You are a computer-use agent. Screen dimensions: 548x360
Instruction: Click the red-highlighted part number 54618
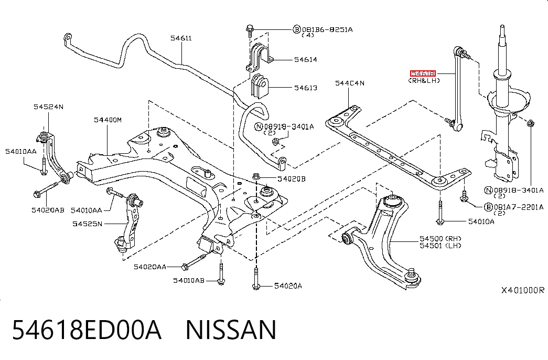[423, 73]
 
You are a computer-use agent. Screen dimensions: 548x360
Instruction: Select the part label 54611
[181, 38]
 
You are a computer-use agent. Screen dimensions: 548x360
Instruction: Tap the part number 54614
[305, 59]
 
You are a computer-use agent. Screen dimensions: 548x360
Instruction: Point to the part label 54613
[305, 88]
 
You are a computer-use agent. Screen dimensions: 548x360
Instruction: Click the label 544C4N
[349, 83]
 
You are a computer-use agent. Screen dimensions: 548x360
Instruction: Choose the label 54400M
[108, 120]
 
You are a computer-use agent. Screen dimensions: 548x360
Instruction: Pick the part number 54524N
[49, 107]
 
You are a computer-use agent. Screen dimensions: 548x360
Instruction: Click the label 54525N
[88, 224]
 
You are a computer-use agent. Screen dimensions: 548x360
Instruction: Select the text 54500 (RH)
[440, 239]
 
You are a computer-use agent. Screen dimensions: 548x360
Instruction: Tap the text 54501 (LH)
[440, 246]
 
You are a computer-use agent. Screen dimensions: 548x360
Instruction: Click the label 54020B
[292, 179]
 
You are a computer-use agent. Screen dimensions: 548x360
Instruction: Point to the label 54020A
[288, 286]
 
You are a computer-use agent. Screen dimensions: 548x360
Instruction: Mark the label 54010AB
[189, 280]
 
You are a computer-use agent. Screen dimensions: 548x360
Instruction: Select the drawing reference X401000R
[523, 290]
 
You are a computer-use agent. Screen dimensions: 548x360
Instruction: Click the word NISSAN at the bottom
[231, 330]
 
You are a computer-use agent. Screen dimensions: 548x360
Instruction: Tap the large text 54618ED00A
[87, 330]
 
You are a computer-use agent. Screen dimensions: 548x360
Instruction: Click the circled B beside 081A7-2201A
[488, 207]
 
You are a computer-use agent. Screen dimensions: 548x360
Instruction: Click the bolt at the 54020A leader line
[256, 278]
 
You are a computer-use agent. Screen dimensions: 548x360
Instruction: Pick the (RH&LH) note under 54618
[424, 80]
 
